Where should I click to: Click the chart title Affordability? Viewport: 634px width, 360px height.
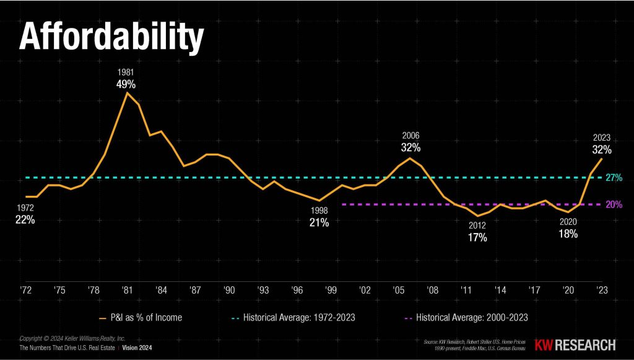pyautogui.click(x=112, y=38)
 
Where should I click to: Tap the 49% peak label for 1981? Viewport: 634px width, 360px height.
pyautogui.click(x=126, y=84)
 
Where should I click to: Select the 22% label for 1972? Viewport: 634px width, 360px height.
pyautogui.click(x=25, y=220)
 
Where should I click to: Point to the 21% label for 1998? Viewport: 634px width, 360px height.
pyautogui.click(x=319, y=222)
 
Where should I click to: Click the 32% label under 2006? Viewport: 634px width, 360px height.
pyautogui.click(x=410, y=147)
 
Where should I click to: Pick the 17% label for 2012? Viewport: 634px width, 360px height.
pyautogui.click(x=477, y=237)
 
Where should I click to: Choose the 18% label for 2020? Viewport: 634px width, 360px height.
pyautogui.click(x=568, y=234)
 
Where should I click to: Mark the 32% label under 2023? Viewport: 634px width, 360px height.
pyautogui.click(x=601, y=149)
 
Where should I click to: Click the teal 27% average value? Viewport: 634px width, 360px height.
pyautogui.click(x=614, y=178)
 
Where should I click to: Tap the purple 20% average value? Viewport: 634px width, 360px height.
pyautogui.click(x=614, y=204)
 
